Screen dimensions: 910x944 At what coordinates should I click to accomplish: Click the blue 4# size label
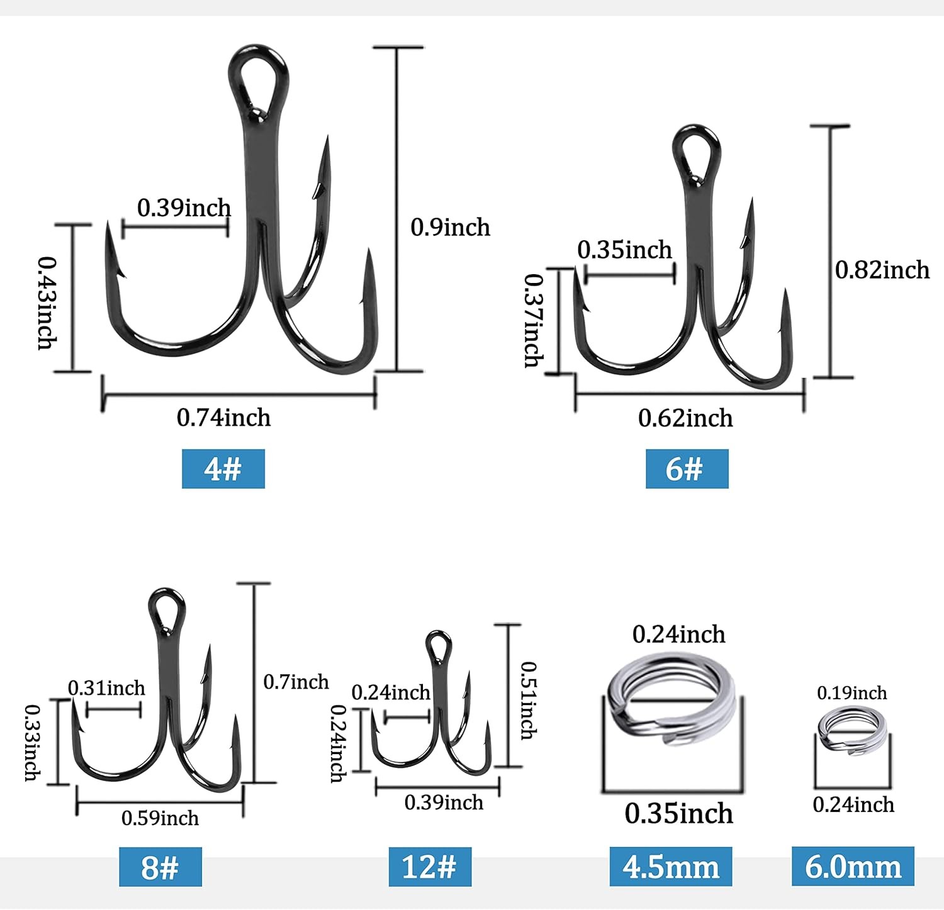[x=223, y=469]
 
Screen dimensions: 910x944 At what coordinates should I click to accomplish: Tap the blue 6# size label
[x=687, y=469]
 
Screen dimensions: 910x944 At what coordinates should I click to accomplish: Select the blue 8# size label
[x=160, y=867]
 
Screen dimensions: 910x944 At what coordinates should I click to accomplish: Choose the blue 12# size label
[x=429, y=867]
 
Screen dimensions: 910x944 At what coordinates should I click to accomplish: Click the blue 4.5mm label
[x=670, y=867]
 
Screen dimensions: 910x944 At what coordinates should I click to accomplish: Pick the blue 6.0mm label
[x=853, y=867]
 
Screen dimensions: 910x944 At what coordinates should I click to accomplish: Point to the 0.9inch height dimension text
[x=450, y=228]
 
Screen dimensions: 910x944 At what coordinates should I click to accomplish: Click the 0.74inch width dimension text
[x=223, y=418]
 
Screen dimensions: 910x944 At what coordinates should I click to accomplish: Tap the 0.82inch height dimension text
[x=882, y=270]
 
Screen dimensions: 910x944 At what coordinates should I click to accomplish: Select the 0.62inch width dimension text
[x=685, y=418]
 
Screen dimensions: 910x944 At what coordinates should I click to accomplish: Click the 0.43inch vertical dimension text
[x=47, y=302]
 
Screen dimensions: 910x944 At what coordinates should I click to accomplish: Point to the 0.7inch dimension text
[x=296, y=682]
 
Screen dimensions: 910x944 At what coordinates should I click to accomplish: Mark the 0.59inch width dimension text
[x=160, y=818]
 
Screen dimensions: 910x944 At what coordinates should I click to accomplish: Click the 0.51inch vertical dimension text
[x=529, y=700]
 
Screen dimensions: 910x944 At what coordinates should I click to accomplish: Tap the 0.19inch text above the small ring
[x=851, y=693]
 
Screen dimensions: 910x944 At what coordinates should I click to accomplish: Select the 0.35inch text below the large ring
[x=678, y=814]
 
